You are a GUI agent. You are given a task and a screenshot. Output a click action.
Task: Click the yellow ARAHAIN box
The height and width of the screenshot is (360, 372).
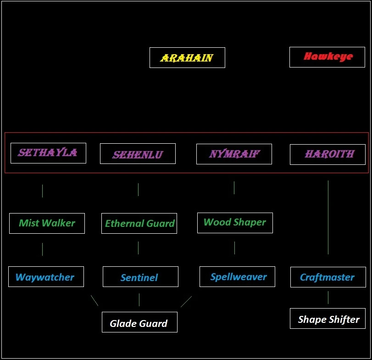click(187, 58)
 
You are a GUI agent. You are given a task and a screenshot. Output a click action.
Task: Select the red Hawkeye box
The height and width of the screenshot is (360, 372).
click(327, 57)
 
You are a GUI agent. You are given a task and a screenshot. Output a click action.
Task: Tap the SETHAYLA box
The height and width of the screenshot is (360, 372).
click(49, 153)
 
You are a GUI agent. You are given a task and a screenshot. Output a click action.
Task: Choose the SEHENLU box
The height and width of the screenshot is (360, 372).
click(138, 154)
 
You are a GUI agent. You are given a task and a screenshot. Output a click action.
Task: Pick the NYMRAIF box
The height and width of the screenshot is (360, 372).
click(234, 154)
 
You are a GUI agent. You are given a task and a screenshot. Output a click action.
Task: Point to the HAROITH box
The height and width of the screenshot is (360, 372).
click(328, 155)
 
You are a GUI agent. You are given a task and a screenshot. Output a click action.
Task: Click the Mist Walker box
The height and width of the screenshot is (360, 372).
click(47, 224)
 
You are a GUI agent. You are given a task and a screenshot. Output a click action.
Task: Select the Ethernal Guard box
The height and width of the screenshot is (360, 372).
click(139, 224)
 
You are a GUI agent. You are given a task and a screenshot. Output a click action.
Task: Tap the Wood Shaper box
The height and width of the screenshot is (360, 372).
click(235, 223)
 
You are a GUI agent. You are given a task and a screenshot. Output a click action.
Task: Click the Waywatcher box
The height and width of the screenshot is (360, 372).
click(46, 276)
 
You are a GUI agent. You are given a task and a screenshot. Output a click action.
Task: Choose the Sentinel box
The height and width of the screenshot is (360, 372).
click(140, 276)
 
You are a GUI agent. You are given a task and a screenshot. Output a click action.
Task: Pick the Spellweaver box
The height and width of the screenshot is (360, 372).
click(237, 276)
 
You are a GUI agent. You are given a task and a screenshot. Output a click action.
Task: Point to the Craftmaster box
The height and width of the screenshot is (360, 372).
click(328, 277)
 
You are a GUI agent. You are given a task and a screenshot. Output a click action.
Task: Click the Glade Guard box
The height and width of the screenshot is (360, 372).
click(139, 322)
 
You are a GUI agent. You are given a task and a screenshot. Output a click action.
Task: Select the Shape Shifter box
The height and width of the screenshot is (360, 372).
click(328, 318)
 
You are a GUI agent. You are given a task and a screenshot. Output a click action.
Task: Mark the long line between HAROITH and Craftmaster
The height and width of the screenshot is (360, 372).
click(328, 217)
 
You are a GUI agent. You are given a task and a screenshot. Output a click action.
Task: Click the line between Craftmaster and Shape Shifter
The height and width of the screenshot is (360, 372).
click(328, 297)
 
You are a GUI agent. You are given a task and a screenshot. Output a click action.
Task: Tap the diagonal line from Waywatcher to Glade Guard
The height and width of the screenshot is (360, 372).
click(94, 301)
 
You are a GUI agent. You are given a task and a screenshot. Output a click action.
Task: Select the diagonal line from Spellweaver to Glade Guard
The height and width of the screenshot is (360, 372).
click(186, 302)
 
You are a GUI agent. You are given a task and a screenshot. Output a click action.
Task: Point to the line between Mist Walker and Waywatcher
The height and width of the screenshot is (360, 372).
click(43, 249)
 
